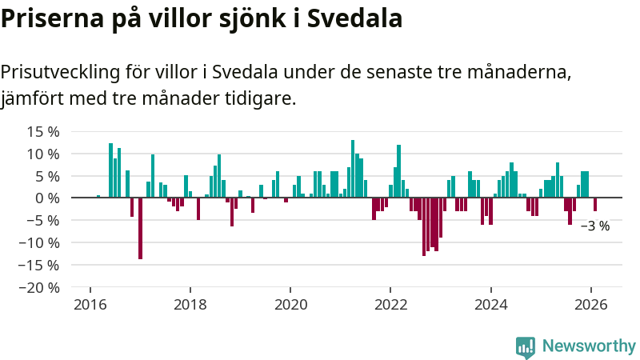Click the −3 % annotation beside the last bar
coord(595,226)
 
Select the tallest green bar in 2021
coord(353,169)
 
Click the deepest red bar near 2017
coord(140,228)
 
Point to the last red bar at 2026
coord(595,204)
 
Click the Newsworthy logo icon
coord(526,346)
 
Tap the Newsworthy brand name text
coord(589,346)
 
